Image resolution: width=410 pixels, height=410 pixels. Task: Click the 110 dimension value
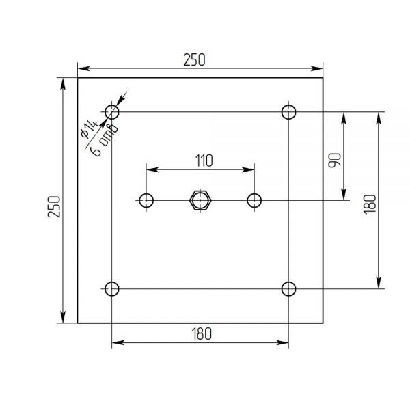pyautogui.click(x=204, y=161)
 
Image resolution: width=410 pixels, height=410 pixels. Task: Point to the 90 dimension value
pyautogui.click(x=335, y=160)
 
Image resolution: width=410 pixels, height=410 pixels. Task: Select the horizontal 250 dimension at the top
pyautogui.click(x=194, y=59)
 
